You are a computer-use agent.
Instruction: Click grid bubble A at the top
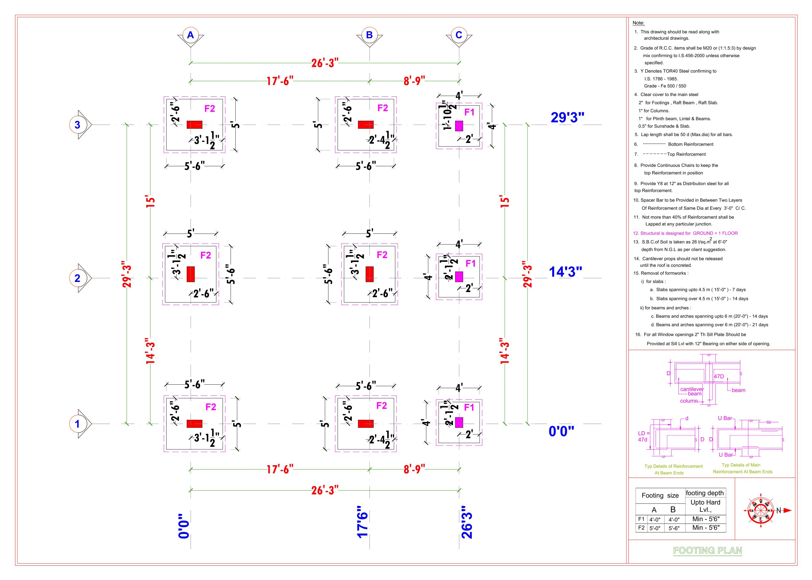click(x=190, y=35)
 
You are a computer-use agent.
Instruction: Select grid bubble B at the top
click(x=370, y=35)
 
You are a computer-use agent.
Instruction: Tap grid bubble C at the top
click(x=459, y=35)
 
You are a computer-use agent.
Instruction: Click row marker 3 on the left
click(x=77, y=125)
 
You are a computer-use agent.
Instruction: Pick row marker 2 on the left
click(x=77, y=278)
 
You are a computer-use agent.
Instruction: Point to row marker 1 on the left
click(x=77, y=424)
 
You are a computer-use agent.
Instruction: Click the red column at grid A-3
click(x=195, y=125)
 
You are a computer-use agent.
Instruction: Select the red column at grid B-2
click(x=370, y=274)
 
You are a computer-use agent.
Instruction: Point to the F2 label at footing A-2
click(x=206, y=255)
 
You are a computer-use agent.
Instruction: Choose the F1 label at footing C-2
click(x=470, y=264)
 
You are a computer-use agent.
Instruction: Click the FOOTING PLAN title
click(x=707, y=551)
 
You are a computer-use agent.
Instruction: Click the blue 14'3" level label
click(x=566, y=272)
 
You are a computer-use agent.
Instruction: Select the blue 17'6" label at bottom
click(x=362, y=522)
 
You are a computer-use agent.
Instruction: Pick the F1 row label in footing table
click(x=641, y=519)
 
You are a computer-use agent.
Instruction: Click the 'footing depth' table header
click(x=705, y=493)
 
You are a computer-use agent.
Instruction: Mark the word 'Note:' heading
click(x=638, y=23)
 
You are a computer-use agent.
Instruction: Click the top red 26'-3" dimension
click(x=325, y=63)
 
